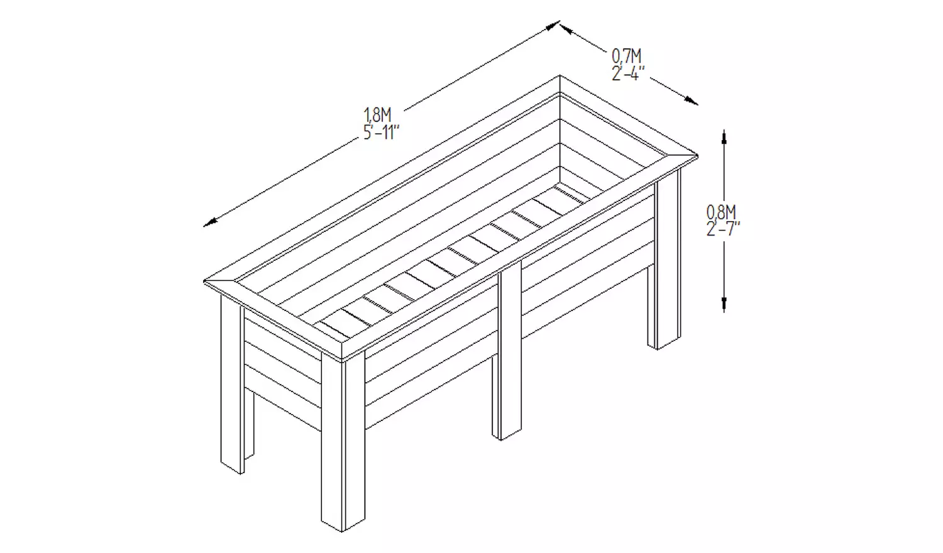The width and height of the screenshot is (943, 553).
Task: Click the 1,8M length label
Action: pyautogui.click(x=378, y=115)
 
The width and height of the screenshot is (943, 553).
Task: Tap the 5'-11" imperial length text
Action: pyautogui.click(x=381, y=133)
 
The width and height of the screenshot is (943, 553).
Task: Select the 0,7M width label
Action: pyautogui.click(x=626, y=57)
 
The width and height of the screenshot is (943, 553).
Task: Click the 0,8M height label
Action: pyautogui.click(x=721, y=212)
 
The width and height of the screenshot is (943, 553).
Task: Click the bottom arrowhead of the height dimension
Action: pyautogui.click(x=724, y=304)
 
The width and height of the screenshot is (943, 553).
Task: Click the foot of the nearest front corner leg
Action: pyautogui.click(x=343, y=525)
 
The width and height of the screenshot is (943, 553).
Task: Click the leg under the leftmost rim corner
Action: pyautogui.click(x=231, y=383)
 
